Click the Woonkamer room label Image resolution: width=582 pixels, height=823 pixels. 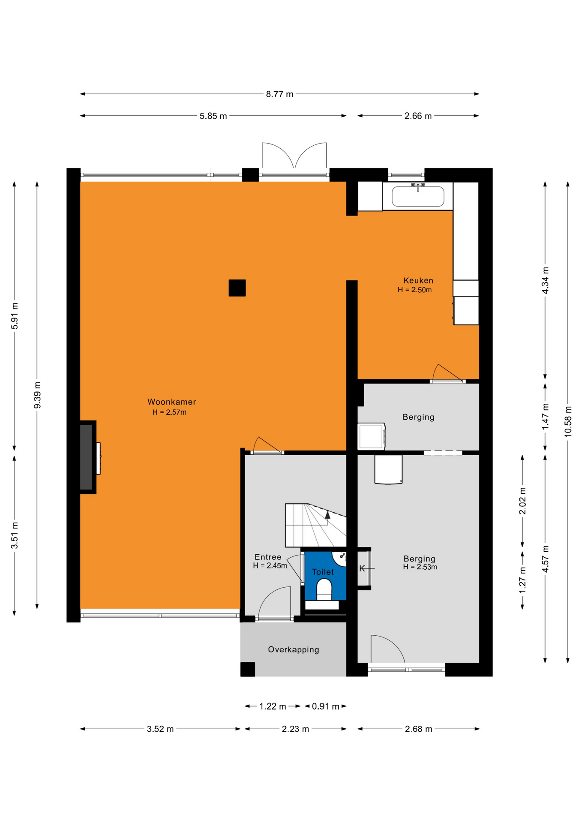(171, 402)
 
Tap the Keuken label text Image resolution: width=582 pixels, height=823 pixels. (418, 281)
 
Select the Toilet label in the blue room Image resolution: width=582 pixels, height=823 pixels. (323, 572)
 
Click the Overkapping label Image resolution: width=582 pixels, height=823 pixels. (294, 649)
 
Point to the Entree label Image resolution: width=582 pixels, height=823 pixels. (268, 557)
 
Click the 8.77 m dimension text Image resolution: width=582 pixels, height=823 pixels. (279, 94)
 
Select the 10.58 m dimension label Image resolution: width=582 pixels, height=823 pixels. (568, 421)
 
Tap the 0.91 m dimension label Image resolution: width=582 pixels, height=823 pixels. (325, 706)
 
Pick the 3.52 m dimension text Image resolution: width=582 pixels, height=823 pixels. (160, 729)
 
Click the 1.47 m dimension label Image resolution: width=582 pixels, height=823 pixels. (546, 417)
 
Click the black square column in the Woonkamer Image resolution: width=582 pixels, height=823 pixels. (237, 288)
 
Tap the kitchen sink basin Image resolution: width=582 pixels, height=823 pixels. (418, 196)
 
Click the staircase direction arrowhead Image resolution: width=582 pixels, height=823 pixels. (327, 515)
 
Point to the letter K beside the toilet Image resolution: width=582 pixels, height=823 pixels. (362, 568)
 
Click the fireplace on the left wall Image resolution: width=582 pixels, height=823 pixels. (88, 457)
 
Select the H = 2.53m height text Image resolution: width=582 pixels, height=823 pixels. (420, 567)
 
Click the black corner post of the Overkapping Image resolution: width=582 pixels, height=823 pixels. (248, 669)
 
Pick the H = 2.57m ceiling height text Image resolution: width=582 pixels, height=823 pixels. (169, 412)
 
